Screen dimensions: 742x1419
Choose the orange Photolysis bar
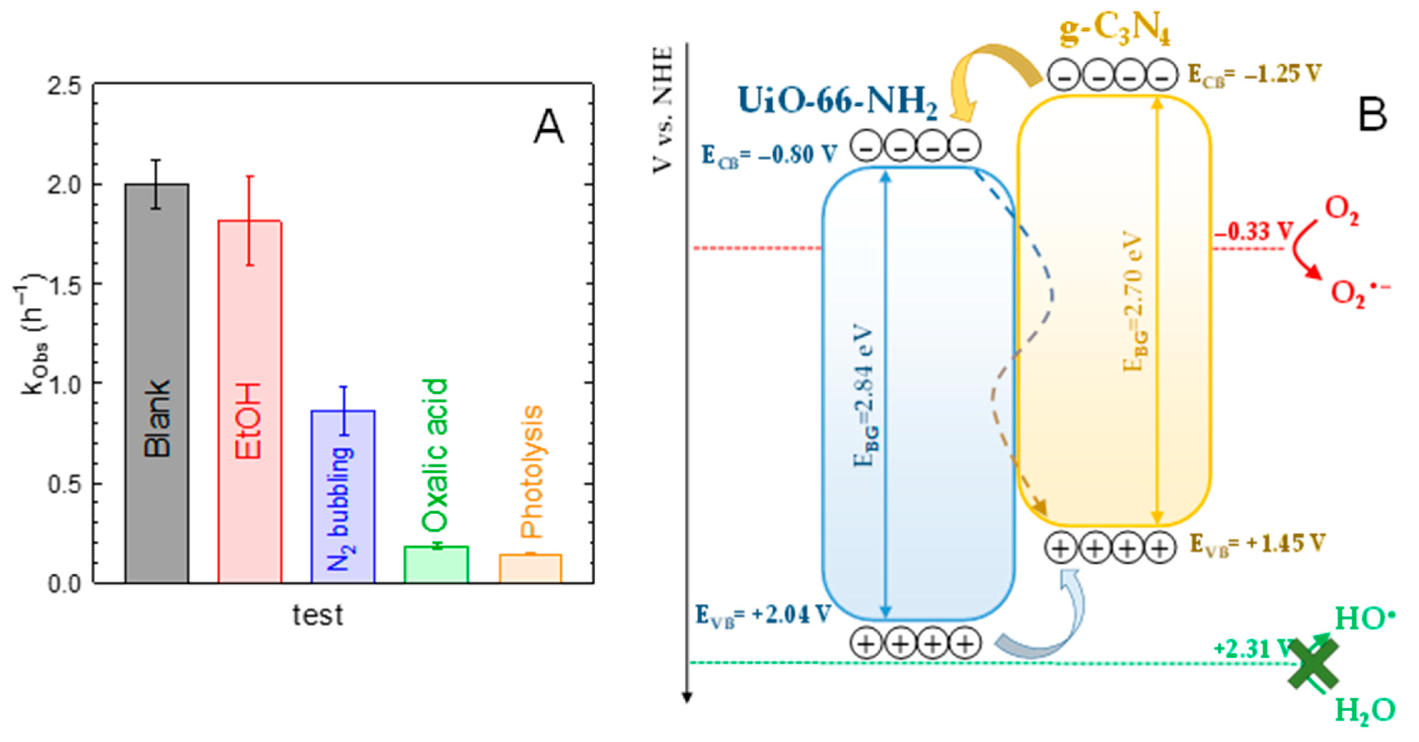pyautogui.click(x=530, y=568)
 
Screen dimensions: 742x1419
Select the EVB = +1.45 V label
pyautogui.click(x=1257, y=544)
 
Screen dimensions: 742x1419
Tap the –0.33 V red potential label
pyautogui.click(x=1253, y=232)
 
